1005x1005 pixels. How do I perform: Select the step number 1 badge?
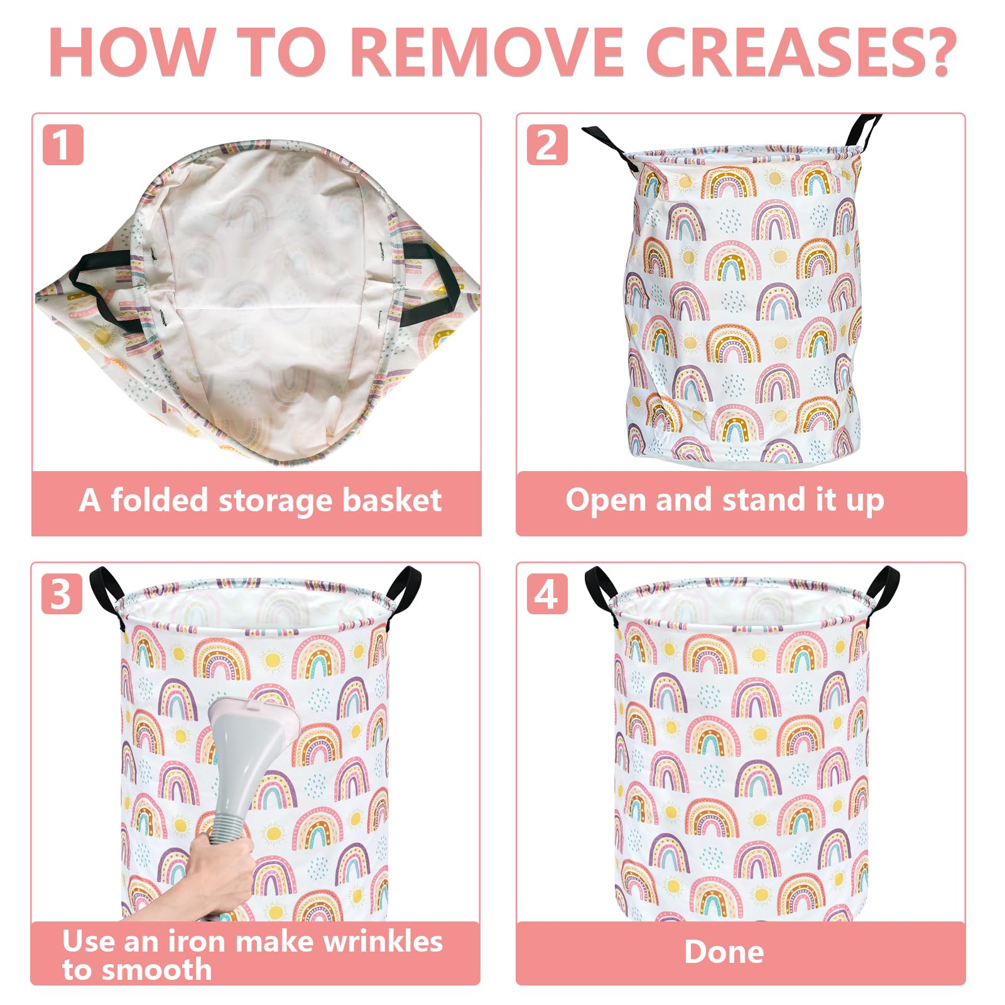(x=63, y=145)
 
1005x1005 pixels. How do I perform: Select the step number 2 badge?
(x=547, y=145)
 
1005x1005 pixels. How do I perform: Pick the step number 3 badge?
(x=62, y=594)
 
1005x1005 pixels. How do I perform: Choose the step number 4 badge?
(x=547, y=594)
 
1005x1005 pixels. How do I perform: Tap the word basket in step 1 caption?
(x=393, y=500)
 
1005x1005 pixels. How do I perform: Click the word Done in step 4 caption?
(x=724, y=952)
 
